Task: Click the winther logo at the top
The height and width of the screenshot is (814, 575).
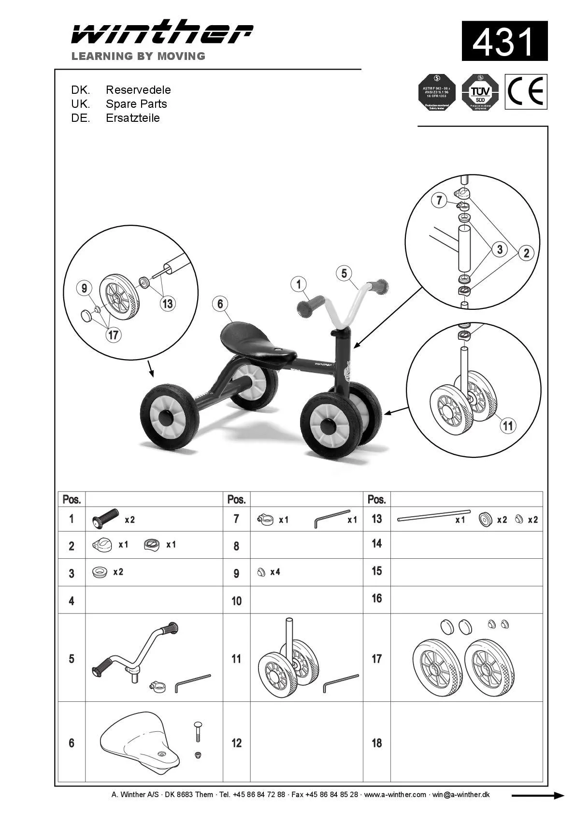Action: [162, 32]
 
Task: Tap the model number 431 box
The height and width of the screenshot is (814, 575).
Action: [504, 41]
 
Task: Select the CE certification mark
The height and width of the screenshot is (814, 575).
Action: [526, 91]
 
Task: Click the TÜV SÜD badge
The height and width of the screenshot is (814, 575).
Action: [480, 92]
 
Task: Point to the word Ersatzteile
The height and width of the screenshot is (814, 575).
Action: [133, 118]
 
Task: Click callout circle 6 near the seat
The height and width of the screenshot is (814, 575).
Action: [220, 304]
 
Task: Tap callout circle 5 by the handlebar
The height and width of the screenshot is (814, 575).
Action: [344, 274]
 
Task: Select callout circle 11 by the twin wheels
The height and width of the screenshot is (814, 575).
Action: [507, 425]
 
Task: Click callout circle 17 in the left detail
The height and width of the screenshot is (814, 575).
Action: [114, 335]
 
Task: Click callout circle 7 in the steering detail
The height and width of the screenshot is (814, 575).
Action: [439, 200]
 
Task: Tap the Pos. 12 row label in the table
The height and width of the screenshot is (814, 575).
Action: [236, 742]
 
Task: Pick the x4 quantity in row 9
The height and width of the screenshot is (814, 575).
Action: [275, 572]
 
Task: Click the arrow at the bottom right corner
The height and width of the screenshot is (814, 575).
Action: [538, 796]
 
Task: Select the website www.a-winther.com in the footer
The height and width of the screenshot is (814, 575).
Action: [395, 795]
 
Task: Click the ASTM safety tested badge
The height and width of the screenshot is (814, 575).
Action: [437, 92]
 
